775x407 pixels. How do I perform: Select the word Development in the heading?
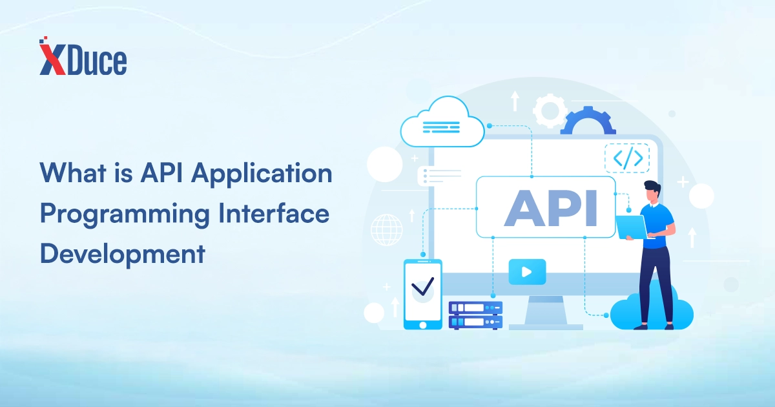[123, 255]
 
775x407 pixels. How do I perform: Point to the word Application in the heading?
[262, 174]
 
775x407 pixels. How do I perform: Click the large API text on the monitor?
[550, 208]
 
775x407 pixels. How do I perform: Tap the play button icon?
[527, 272]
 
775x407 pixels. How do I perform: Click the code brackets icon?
[627, 158]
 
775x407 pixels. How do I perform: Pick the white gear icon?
[550, 110]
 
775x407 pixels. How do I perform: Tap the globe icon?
[387, 230]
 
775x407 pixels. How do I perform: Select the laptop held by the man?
[632, 227]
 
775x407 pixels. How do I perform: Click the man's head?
[652, 193]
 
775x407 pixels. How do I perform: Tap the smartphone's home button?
[423, 325]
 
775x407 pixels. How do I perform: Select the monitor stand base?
[546, 327]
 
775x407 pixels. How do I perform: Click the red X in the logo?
[52, 59]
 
